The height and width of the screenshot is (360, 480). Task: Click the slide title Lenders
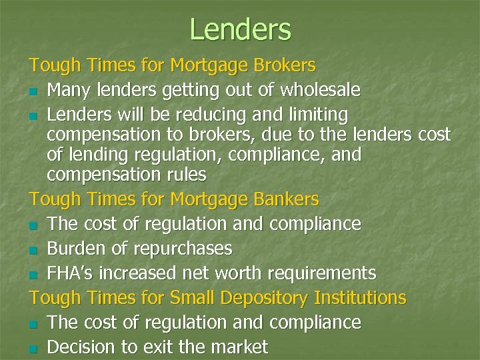point(240,29)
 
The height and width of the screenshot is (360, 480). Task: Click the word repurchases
point(184,249)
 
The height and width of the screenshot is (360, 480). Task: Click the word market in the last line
point(238,347)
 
